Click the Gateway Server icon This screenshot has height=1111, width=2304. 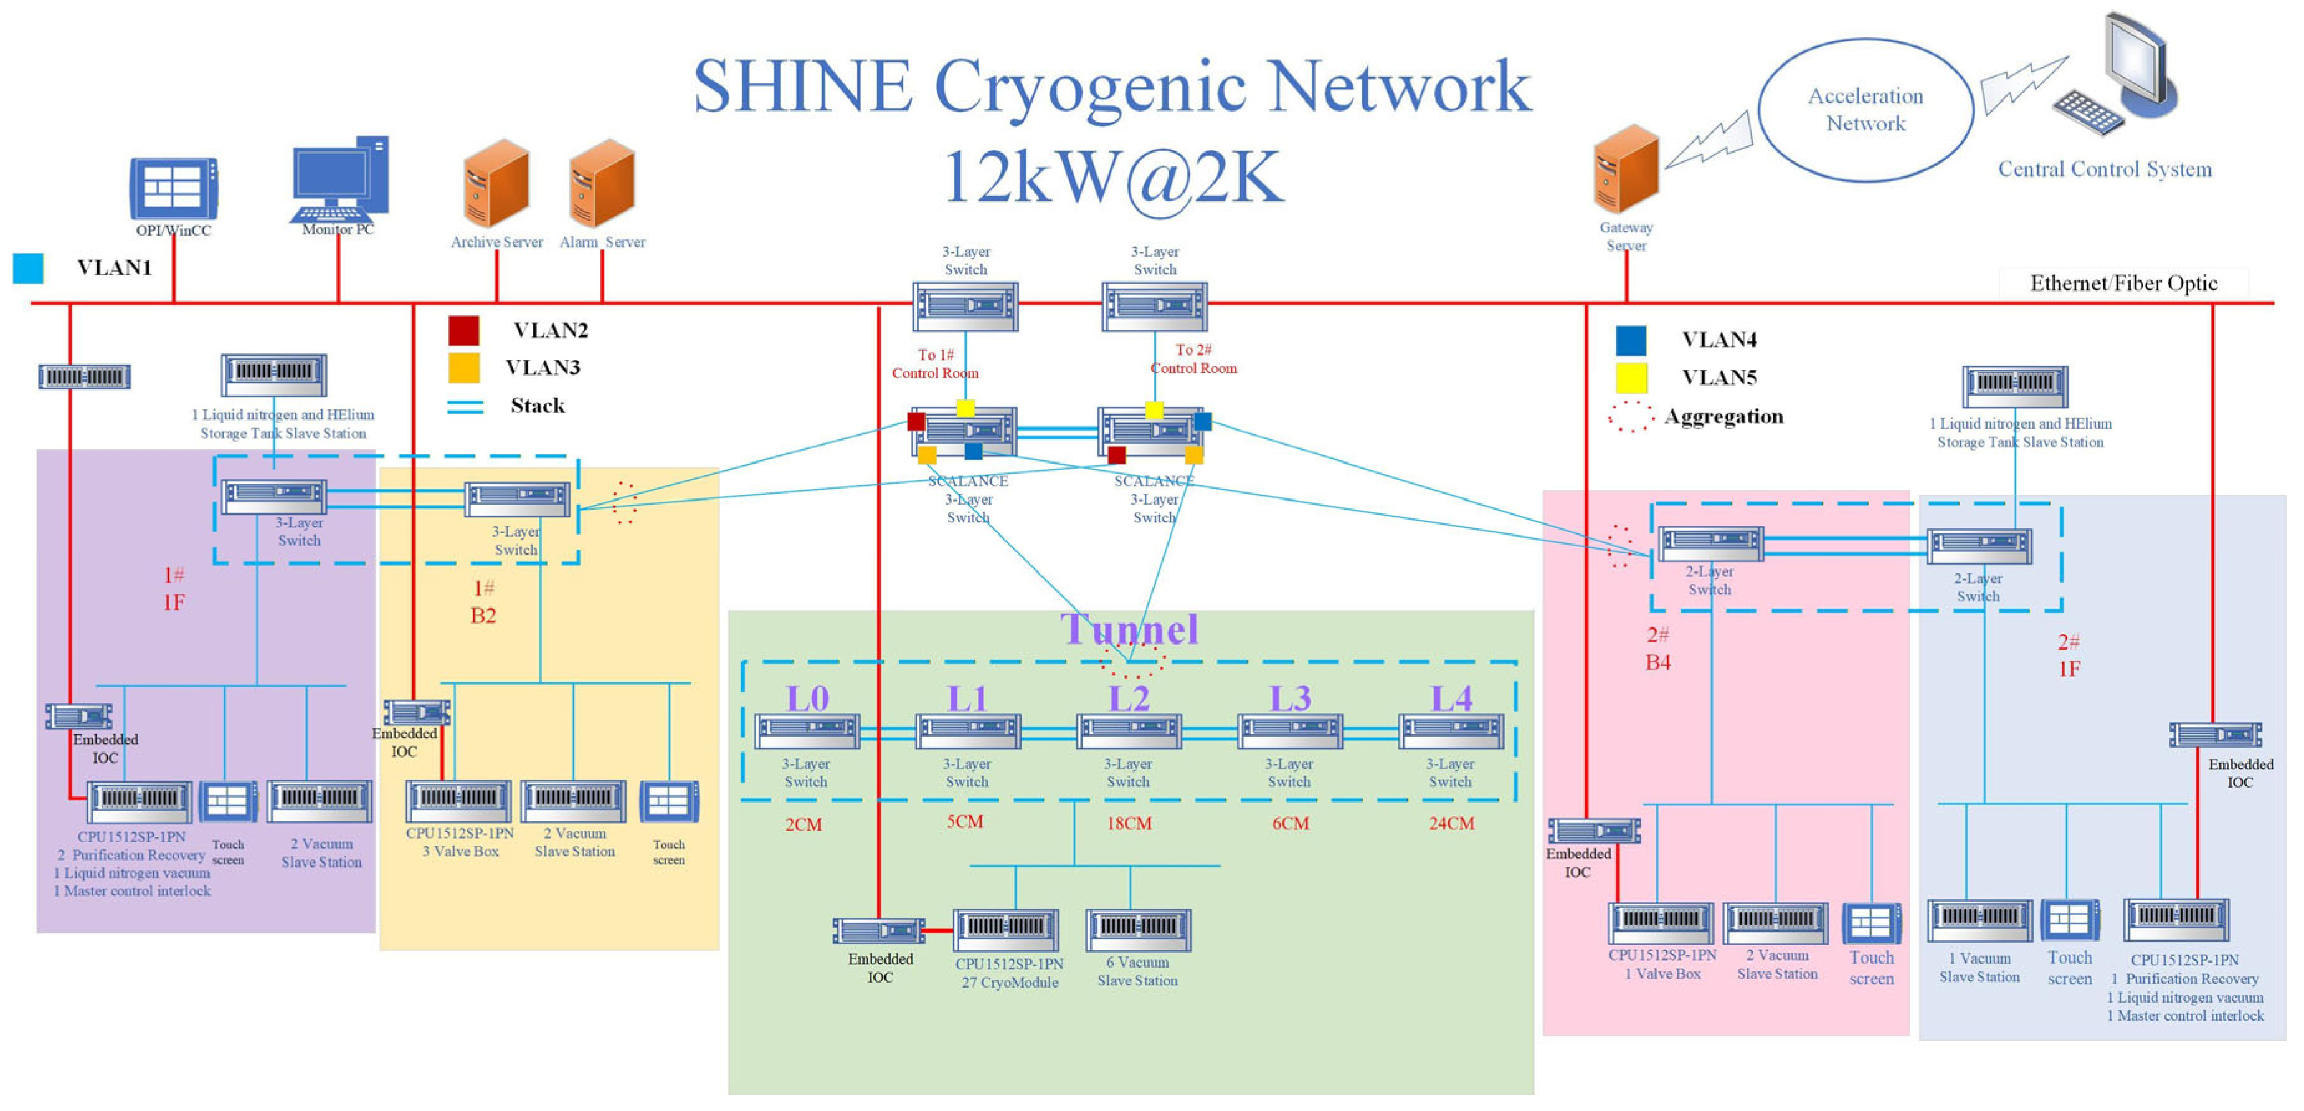(x=1626, y=170)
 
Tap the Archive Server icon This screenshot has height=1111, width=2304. (x=496, y=183)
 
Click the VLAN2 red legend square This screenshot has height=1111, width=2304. (x=463, y=330)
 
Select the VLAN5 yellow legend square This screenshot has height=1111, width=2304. (x=1631, y=378)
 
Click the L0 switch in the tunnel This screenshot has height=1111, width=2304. (x=807, y=731)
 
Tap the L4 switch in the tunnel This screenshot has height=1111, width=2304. (x=1451, y=731)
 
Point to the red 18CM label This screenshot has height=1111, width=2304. (x=1129, y=823)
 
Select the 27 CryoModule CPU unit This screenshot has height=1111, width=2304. (x=1006, y=930)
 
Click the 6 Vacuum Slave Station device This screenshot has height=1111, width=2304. (x=1138, y=930)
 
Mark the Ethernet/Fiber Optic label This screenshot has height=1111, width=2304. (x=2123, y=284)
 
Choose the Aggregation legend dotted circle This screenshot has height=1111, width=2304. (x=1631, y=416)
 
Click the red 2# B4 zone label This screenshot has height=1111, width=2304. (x=1657, y=649)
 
